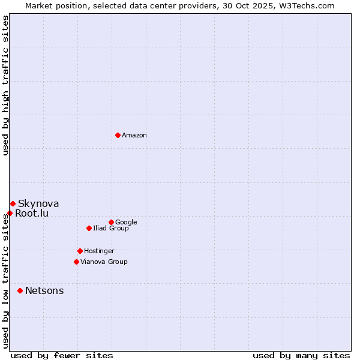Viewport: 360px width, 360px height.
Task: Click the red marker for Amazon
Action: click(118, 135)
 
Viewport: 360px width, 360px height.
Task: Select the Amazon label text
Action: click(134, 136)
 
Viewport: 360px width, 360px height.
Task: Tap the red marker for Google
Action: click(111, 222)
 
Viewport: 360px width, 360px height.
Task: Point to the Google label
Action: click(126, 223)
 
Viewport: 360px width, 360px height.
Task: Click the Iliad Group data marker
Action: click(89, 228)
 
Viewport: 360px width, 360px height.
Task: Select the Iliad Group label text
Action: click(111, 229)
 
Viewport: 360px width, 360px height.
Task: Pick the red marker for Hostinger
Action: click(80, 251)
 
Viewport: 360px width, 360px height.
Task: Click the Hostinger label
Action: click(99, 251)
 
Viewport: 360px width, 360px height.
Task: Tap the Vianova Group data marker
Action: click(76, 262)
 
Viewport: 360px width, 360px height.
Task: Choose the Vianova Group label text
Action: click(104, 262)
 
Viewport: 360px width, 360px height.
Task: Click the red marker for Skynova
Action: click(13, 204)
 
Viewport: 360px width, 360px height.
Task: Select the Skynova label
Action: click(38, 204)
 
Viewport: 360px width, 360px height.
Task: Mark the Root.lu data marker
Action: click(10, 213)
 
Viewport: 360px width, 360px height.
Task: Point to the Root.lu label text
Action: click(32, 214)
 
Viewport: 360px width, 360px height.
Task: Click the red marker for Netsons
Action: click(20, 290)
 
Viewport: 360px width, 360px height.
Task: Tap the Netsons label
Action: click(44, 291)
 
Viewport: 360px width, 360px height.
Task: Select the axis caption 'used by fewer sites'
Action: click(62, 355)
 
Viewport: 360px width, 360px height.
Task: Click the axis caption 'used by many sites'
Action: click(301, 355)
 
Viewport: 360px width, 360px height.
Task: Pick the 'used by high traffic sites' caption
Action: click(5, 85)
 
